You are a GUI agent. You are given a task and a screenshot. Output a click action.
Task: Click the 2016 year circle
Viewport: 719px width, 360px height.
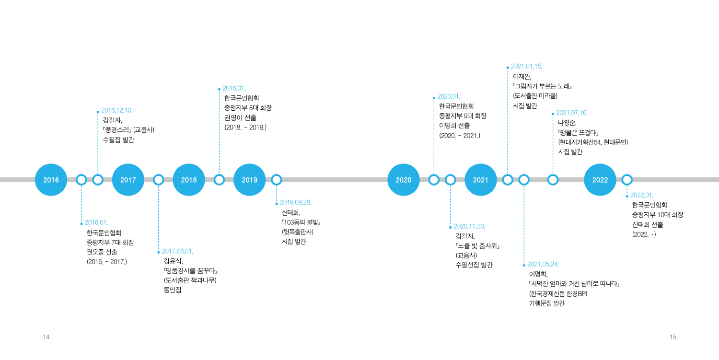click(x=51, y=180)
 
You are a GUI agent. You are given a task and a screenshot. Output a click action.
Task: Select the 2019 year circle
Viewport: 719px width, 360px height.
click(x=249, y=180)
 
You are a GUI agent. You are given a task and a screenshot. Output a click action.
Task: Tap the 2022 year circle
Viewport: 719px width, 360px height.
click(x=600, y=180)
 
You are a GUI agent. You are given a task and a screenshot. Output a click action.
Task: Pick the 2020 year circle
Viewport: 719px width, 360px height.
click(x=404, y=180)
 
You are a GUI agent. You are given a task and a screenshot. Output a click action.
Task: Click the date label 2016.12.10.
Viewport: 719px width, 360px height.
click(x=117, y=110)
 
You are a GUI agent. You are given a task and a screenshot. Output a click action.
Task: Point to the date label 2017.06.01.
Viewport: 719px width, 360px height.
click(x=177, y=252)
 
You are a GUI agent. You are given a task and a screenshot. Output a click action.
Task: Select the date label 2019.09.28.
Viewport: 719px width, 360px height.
click(x=296, y=202)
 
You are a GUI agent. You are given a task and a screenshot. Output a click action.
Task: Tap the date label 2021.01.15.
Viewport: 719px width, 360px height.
click(x=527, y=67)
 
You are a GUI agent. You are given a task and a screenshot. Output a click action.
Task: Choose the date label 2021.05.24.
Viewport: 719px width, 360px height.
click(x=543, y=264)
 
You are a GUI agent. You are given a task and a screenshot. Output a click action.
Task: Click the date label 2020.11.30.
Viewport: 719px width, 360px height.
click(x=470, y=226)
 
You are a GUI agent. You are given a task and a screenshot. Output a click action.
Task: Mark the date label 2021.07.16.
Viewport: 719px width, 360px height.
click(x=572, y=113)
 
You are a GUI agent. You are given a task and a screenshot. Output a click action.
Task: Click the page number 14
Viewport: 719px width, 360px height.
click(x=46, y=337)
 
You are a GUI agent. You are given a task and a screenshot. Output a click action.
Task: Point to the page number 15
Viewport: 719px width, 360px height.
click(x=673, y=337)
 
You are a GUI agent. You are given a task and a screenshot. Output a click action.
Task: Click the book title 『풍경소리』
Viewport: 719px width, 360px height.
click(x=117, y=130)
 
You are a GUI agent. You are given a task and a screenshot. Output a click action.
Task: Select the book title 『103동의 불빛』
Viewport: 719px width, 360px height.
click(x=301, y=222)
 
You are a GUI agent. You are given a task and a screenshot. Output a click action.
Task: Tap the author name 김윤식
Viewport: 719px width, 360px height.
click(x=173, y=261)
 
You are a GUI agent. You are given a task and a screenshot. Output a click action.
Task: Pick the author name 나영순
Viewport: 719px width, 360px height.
click(x=567, y=123)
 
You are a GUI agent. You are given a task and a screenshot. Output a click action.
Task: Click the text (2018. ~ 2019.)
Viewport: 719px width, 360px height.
click(x=245, y=128)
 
